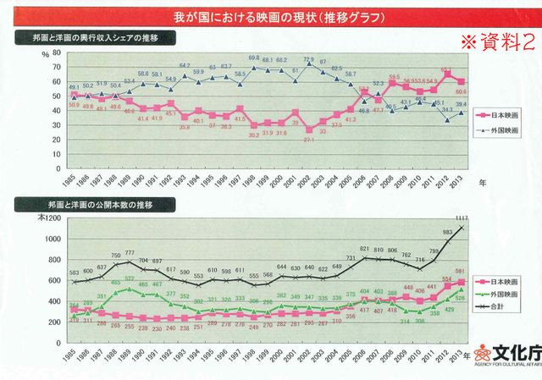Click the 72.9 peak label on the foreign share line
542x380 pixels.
(309, 59)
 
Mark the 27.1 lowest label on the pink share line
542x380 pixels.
(309, 140)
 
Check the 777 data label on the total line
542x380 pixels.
(130, 252)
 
